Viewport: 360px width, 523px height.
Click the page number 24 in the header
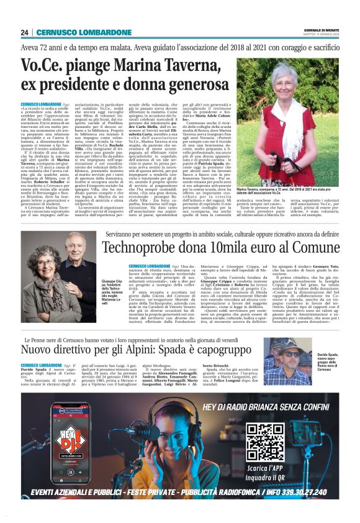[24, 32]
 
